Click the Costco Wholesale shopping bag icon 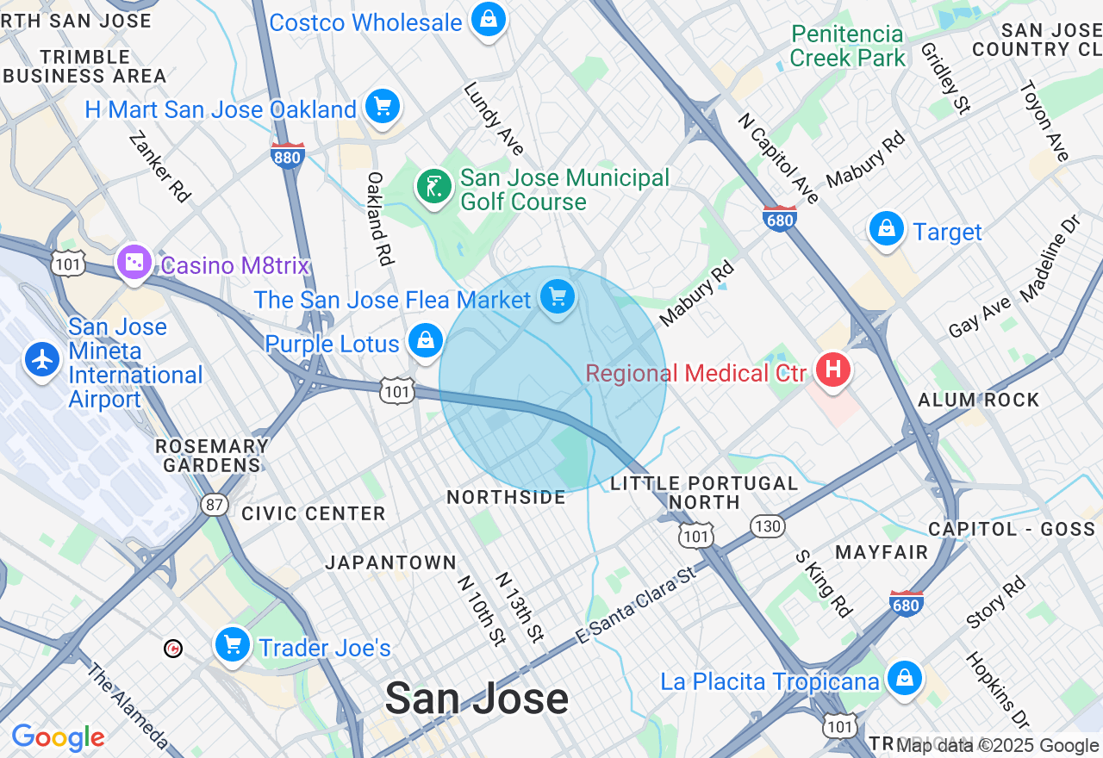coord(488,19)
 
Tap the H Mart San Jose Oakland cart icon coord(383,107)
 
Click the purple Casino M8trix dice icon coord(134,262)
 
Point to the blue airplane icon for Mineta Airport coord(41,358)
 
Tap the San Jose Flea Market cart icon coord(558,297)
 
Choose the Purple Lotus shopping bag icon coord(426,341)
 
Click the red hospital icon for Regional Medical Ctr coord(832,370)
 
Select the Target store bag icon coord(886,229)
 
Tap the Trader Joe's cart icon coord(232,644)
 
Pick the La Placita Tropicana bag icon coord(904,678)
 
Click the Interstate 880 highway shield coord(287,156)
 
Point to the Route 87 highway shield coord(215,505)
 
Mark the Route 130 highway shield coord(766,525)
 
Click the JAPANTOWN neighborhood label coord(391,562)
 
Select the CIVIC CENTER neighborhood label coord(314,513)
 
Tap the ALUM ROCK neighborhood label coord(978,400)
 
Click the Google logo coord(58,737)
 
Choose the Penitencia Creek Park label coord(848,47)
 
